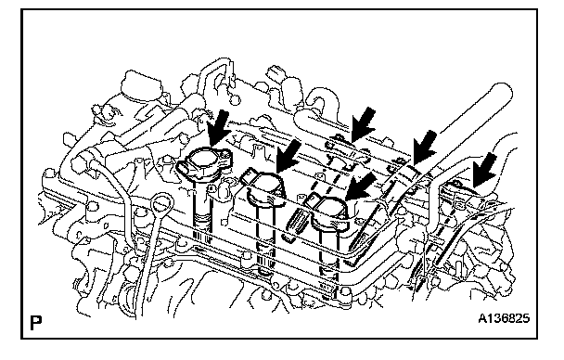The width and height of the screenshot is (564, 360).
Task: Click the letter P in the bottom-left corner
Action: [35, 323]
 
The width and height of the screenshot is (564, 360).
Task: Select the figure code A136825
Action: [504, 318]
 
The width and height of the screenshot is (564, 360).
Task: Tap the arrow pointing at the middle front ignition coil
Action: [288, 156]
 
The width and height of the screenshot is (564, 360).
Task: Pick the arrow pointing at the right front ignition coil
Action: [361, 186]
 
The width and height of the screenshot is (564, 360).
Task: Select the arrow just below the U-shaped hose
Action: [363, 124]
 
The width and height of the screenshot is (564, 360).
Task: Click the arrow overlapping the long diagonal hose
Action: [425, 148]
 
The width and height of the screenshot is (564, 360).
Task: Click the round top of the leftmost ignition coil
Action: [204, 159]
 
